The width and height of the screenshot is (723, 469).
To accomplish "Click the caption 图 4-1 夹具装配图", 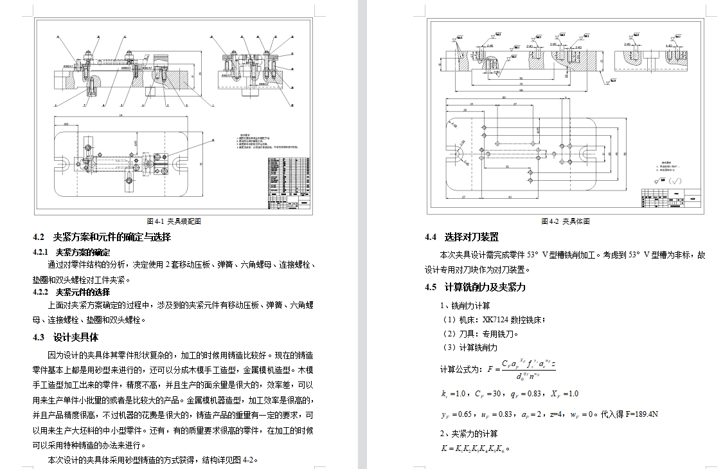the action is point(174,221).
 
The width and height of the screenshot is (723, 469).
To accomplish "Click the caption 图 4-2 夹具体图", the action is point(565,221).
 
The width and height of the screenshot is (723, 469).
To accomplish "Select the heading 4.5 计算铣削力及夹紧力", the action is point(475,287).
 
